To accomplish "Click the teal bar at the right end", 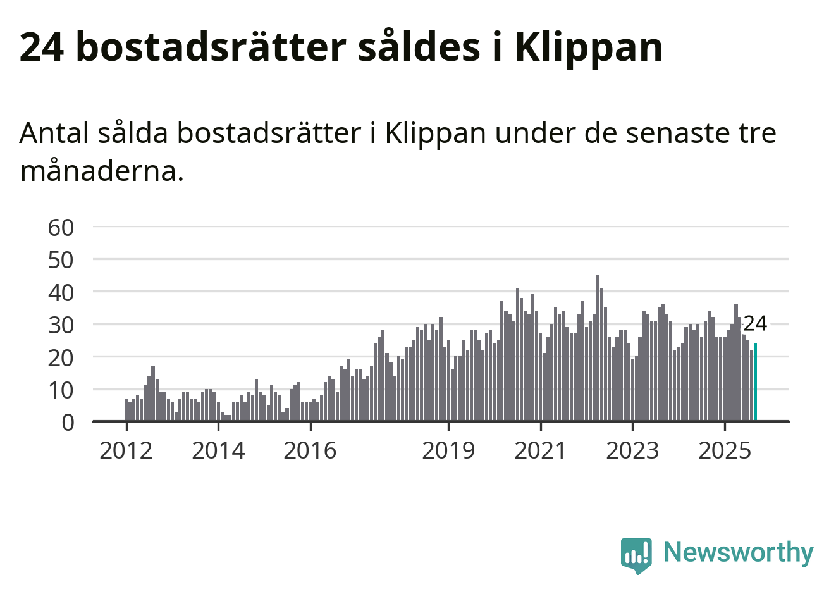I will [x=755, y=382].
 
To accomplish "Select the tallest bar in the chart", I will [x=598, y=348].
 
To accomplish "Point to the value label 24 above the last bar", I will [x=754, y=323].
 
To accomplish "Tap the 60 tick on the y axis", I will [x=61, y=227].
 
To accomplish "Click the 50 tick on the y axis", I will [x=61, y=259].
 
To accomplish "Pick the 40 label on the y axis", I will [x=61, y=292].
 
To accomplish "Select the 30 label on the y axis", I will [x=61, y=325].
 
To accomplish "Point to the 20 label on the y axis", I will [x=61, y=357].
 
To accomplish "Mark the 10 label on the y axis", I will [x=61, y=390].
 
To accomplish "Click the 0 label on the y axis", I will [x=68, y=422].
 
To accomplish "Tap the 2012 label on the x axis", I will [x=126, y=450].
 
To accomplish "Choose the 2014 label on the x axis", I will [x=218, y=450].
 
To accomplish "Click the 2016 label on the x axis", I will [x=310, y=450].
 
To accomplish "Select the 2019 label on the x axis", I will [x=448, y=450].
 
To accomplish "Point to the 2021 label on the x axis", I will [x=541, y=450].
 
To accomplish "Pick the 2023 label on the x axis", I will [x=632, y=450].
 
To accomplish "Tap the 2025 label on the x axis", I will [x=725, y=450].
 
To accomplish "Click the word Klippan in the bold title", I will [x=589, y=47].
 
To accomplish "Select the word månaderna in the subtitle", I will [x=102, y=171].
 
